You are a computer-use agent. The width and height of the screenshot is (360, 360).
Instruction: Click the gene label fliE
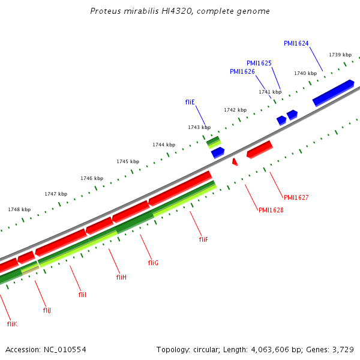click(x=190, y=102)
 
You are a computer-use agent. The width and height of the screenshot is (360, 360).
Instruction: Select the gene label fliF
click(x=203, y=239)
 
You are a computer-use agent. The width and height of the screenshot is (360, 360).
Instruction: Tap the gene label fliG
click(x=153, y=263)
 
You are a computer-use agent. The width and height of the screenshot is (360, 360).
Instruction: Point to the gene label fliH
click(x=121, y=277)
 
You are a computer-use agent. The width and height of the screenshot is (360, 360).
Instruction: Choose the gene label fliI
click(x=83, y=295)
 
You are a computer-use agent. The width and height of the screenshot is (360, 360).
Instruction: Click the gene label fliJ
click(x=47, y=310)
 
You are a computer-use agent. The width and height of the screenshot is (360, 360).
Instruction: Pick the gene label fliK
click(x=12, y=324)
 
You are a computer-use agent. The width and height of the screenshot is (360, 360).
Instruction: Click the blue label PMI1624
click(x=296, y=43)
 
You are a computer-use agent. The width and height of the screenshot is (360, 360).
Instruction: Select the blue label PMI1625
click(x=259, y=63)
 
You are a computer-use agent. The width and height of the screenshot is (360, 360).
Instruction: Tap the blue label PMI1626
click(x=242, y=71)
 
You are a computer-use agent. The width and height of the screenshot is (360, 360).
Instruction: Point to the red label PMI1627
click(x=296, y=197)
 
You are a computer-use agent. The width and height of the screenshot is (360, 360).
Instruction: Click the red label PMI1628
click(x=271, y=210)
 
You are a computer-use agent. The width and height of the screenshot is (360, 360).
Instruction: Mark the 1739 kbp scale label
click(x=340, y=55)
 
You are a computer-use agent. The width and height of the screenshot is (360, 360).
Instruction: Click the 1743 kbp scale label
click(x=199, y=127)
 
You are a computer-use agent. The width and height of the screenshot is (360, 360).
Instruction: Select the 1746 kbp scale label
click(x=92, y=178)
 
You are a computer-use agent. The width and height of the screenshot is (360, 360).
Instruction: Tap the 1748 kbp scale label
click(x=19, y=209)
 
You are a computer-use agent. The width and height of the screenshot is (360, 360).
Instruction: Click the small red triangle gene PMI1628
click(x=235, y=161)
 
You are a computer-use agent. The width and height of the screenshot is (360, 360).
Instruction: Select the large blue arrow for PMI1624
click(x=333, y=92)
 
